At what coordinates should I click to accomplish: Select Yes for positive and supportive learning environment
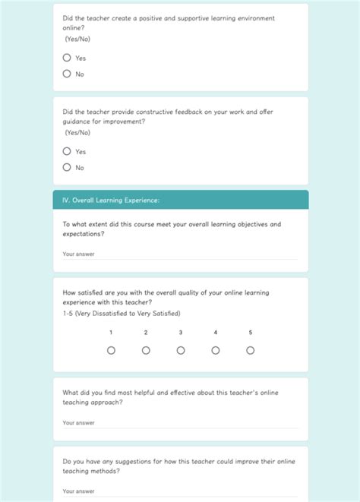click(67, 58)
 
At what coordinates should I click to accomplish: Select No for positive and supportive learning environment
click(67, 74)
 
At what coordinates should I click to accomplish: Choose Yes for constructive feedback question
click(67, 151)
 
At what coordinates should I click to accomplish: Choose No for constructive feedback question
click(67, 167)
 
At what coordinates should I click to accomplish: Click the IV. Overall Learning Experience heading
click(111, 200)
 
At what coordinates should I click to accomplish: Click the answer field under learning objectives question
click(180, 254)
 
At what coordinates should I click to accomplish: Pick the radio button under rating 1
click(111, 350)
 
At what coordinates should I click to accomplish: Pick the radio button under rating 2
click(146, 350)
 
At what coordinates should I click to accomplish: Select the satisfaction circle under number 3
click(181, 350)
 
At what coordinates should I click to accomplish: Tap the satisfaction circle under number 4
click(216, 350)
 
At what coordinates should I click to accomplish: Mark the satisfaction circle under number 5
click(251, 350)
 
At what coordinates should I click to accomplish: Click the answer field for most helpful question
click(180, 423)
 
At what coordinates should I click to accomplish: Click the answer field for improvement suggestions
click(180, 491)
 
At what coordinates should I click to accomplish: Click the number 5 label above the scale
click(251, 333)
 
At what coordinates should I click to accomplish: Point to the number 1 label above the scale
click(111, 333)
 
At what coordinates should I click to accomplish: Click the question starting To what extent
click(172, 229)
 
